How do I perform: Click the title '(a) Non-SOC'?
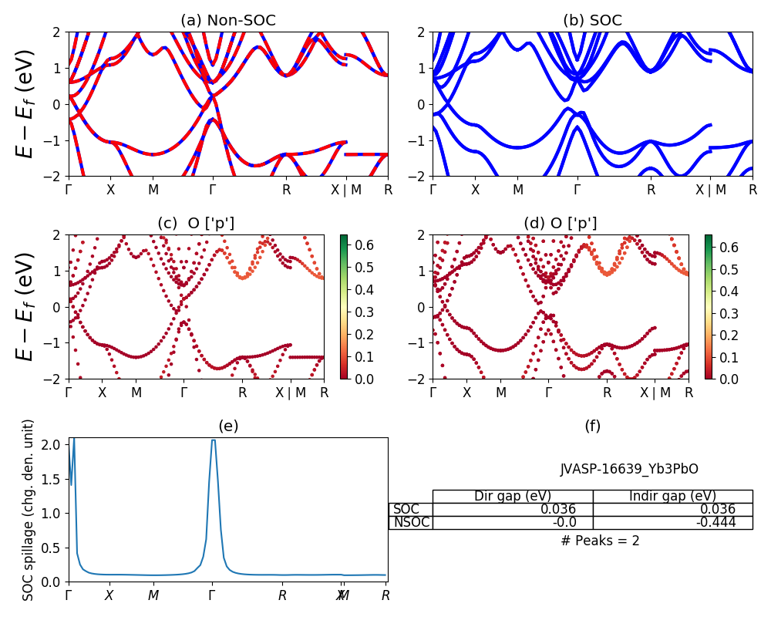pyautogui.click(x=227, y=21)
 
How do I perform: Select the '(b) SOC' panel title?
pyautogui.click(x=592, y=21)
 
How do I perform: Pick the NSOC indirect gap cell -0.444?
pyautogui.click(x=717, y=522)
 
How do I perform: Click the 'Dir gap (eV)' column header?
pyautogui.click(x=513, y=496)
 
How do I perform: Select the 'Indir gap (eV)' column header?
pyautogui.click(x=672, y=496)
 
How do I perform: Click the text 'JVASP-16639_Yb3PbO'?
pyautogui.click(x=629, y=469)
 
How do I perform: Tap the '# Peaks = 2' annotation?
pyautogui.click(x=600, y=541)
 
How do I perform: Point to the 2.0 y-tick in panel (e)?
pyautogui.click(x=52, y=444)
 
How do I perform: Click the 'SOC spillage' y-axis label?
pyautogui.click(x=29, y=510)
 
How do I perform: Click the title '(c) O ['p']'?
pyautogui.click(x=196, y=224)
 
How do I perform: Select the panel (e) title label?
pyautogui.click(x=227, y=427)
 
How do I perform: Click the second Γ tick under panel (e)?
pyautogui.click(x=212, y=595)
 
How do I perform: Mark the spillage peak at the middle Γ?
pyautogui.click(x=213, y=440)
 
